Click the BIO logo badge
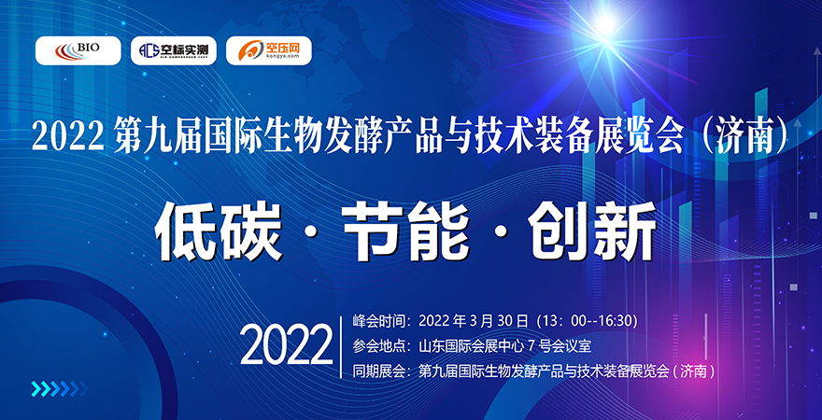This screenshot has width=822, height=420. [x=78, y=49]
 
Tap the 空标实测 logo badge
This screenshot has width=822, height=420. [x=173, y=49]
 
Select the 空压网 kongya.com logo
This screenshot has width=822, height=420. [x=268, y=49]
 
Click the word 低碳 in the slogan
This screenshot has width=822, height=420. [x=218, y=231]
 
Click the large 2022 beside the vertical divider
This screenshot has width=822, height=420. [x=287, y=346]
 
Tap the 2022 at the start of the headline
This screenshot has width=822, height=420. [x=66, y=138]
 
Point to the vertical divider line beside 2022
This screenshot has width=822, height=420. [x=341, y=346]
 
